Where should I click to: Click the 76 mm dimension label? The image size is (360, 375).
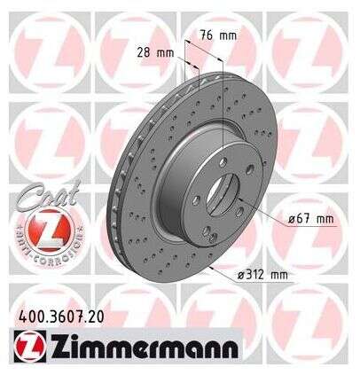point(218,35)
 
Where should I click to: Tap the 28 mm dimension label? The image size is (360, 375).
point(155,53)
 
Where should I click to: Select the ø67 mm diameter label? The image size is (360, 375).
point(311,219)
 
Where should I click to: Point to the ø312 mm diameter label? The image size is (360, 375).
point(262,275)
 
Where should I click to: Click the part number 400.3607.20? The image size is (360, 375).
point(61,317)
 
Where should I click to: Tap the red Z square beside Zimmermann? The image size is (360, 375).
point(30,347)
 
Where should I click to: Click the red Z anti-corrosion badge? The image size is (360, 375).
point(49,229)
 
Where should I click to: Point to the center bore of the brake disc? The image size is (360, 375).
point(222,194)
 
